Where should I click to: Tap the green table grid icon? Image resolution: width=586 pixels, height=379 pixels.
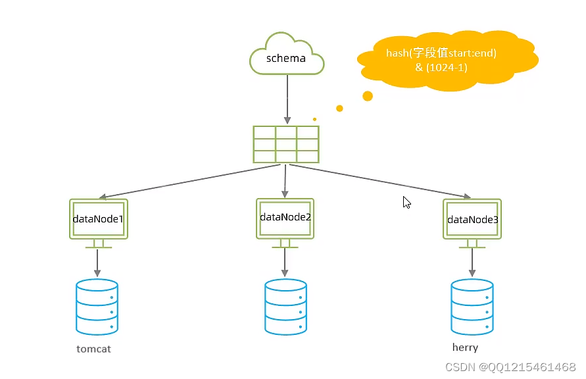click(x=286, y=144)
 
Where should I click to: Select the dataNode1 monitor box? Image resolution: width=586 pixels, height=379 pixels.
click(x=98, y=218)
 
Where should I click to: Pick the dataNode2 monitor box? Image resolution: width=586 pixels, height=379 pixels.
click(x=285, y=217)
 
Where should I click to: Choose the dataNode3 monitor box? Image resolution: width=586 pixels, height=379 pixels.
click(x=472, y=219)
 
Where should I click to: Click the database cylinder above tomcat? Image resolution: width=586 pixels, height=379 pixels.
click(x=97, y=307)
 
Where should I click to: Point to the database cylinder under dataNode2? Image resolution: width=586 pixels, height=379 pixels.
click(x=285, y=307)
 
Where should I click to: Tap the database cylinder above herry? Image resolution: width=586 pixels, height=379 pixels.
click(x=472, y=307)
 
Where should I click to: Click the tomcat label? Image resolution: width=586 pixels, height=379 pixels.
click(x=93, y=349)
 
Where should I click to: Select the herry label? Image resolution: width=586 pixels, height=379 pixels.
click(x=465, y=347)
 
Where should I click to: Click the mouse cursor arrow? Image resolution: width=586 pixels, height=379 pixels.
click(x=406, y=203)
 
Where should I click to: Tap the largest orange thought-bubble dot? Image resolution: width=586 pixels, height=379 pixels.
click(x=368, y=96)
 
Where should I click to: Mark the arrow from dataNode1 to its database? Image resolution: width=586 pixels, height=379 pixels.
click(x=97, y=263)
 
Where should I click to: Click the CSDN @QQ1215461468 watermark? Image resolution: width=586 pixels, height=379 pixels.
click(x=510, y=366)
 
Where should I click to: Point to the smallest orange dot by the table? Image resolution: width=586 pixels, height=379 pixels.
click(x=314, y=119)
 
